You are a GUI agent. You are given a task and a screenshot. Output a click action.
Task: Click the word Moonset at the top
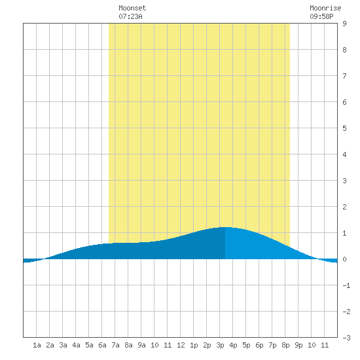[x=132, y=8]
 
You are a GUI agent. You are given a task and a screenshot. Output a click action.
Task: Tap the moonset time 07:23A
[x=130, y=16]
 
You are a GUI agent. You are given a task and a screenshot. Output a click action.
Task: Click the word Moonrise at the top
[x=325, y=8]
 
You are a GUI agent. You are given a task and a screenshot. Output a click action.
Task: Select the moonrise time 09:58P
[x=321, y=16]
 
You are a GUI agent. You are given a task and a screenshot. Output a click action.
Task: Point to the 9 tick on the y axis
[x=344, y=24]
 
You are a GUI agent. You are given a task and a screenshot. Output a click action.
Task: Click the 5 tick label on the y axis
[x=344, y=128]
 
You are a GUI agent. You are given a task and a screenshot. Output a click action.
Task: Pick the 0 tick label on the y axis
[x=344, y=259]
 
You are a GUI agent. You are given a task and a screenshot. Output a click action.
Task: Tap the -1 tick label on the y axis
[x=346, y=285]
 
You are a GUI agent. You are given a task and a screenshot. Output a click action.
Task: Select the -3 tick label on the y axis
[x=346, y=338]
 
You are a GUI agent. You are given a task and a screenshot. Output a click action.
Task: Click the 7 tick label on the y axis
[x=344, y=76]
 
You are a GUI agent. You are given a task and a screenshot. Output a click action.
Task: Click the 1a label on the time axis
[x=37, y=345]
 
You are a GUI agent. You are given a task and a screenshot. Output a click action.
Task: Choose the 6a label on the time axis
[x=102, y=345]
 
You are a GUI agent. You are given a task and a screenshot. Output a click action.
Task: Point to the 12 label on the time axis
[x=181, y=345]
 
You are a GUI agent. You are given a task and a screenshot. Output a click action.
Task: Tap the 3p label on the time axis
[x=220, y=345]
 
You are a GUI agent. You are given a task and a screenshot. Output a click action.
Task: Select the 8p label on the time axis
[x=285, y=345]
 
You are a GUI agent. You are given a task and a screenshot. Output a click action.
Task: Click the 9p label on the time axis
[x=298, y=345]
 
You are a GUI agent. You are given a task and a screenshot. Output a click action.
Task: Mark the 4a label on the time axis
[x=76, y=345]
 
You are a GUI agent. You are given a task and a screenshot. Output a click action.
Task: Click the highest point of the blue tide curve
[x=225, y=227]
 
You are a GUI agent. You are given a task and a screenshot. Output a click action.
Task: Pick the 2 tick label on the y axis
[x=344, y=207]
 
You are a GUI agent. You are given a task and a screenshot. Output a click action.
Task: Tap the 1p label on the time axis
[x=194, y=345]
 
